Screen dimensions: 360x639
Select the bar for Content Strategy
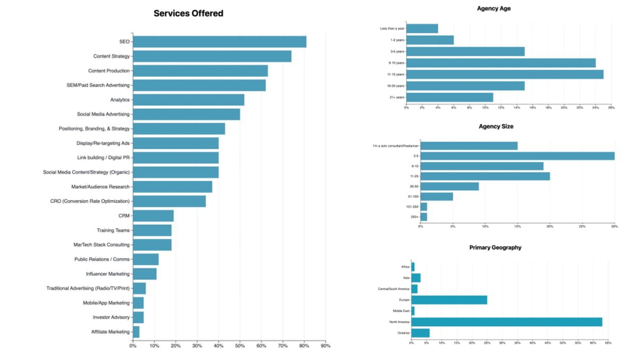pyautogui.click(x=212, y=56)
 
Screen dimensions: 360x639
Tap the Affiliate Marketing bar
pyautogui.click(x=136, y=332)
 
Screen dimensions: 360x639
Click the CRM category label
pyautogui.click(x=124, y=216)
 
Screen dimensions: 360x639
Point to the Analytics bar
pyautogui.click(x=189, y=100)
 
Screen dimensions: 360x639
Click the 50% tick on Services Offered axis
pyautogui.click(x=240, y=346)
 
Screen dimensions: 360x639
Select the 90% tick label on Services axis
pyautogui.click(x=325, y=346)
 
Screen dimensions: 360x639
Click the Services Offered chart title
pyautogui.click(x=189, y=13)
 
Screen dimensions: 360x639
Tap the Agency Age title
pyautogui.click(x=494, y=9)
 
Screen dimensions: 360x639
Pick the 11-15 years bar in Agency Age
pyautogui.click(x=505, y=74)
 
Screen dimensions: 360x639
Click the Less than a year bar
pyautogui.click(x=422, y=28)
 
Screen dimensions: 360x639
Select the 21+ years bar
pyautogui.click(x=450, y=97)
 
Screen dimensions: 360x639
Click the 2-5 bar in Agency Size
pyautogui.click(x=518, y=156)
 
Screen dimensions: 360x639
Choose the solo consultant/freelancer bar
pyautogui.click(x=469, y=145)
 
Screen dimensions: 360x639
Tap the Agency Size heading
pyautogui.click(x=496, y=126)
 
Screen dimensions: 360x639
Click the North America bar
pyautogui.click(x=507, y=322)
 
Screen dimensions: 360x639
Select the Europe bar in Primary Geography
pyautogui.click(x=449, y=300)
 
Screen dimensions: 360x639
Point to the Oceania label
pyautogui.click(x=403, y=333)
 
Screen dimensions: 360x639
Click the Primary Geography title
pyautogui.click(x=495, y=248)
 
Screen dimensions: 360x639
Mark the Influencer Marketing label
pyautogui.click(x=108, y=274)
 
